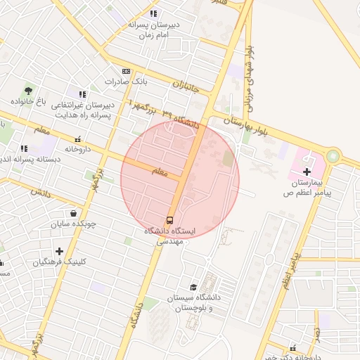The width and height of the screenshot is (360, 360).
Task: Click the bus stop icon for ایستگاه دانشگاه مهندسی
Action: pos(170,219)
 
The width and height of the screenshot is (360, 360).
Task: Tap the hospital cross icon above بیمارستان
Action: pos(306,172)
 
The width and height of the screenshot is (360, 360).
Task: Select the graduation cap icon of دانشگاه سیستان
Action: pos(193,287)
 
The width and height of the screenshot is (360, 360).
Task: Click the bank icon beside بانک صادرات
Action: pos(126,71)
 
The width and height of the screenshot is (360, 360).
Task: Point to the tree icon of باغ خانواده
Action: pos(28,90)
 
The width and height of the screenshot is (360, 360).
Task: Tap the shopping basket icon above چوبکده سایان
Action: pos(73,213)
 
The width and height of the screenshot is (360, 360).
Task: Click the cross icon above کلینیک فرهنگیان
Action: pos(59,251)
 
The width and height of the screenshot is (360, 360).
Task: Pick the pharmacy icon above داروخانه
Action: pos(77,139)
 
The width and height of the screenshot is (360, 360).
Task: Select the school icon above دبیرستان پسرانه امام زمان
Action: pos(154,13)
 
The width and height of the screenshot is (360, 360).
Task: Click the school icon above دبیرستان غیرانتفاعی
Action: pos(82,94)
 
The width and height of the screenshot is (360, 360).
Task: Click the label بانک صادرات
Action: pos(108,82)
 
